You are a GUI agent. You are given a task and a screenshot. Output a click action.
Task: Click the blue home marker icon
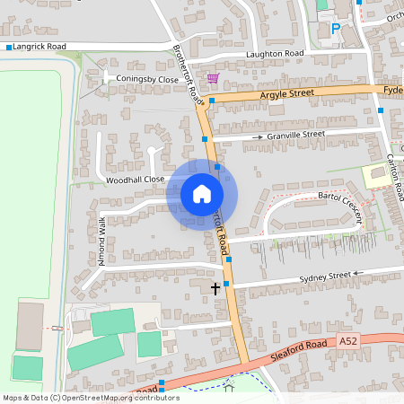click(202, 193)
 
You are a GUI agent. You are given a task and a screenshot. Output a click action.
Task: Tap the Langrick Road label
click(40, 46)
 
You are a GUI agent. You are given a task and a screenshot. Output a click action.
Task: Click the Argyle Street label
click(289, 93)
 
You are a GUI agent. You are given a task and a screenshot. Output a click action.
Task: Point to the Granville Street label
click(295, 135)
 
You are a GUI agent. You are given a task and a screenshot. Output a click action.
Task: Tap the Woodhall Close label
click(135, 180)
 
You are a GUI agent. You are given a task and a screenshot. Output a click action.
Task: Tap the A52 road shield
click(350, 340)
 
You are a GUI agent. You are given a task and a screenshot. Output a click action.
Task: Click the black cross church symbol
click(215, 288)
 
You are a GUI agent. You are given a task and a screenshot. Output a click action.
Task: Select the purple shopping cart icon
click(213, 78)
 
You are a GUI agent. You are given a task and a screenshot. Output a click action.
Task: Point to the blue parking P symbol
click(336, 29)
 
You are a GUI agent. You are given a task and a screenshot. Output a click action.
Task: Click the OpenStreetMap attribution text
click(91, 397)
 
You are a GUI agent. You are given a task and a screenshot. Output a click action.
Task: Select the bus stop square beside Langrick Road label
click(8, 46)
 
